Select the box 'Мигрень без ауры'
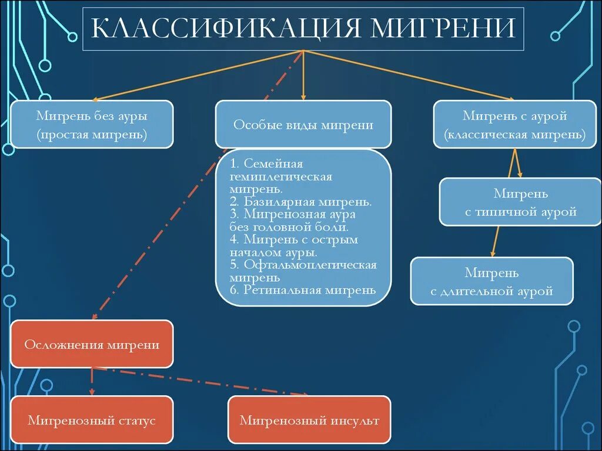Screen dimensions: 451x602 point(92,124)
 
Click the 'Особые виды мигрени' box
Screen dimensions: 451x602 point(303,124)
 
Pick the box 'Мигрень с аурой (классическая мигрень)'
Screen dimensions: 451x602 point(515,124)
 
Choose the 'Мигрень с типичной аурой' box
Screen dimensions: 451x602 point(520,203)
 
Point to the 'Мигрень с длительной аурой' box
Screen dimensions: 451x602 point(491,281)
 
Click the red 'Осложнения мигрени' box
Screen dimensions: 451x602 point(92,344)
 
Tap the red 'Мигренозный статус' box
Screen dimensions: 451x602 point(92,420)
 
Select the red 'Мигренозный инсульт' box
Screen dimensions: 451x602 point(309,420)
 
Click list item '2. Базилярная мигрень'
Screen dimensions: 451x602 point(300,201)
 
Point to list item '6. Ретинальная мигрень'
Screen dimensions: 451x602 point(302,290)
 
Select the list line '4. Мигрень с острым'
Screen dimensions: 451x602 point(294,240)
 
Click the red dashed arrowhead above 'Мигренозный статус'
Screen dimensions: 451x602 point(92,392)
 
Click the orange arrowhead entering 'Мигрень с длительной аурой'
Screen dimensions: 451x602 point(492,253)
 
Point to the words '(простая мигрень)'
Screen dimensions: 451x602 point(92,134)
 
